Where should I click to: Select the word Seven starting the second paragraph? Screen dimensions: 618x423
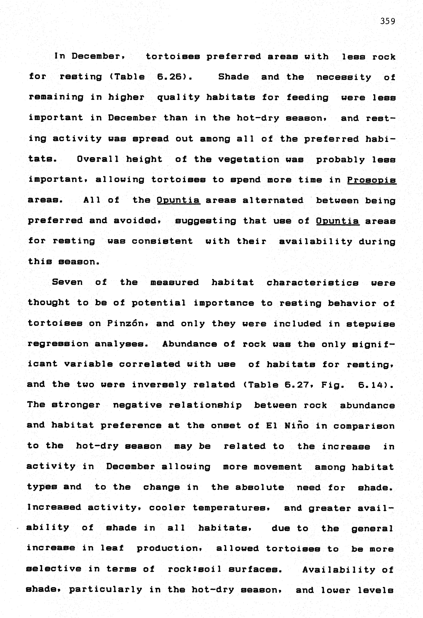pos(67,282)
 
